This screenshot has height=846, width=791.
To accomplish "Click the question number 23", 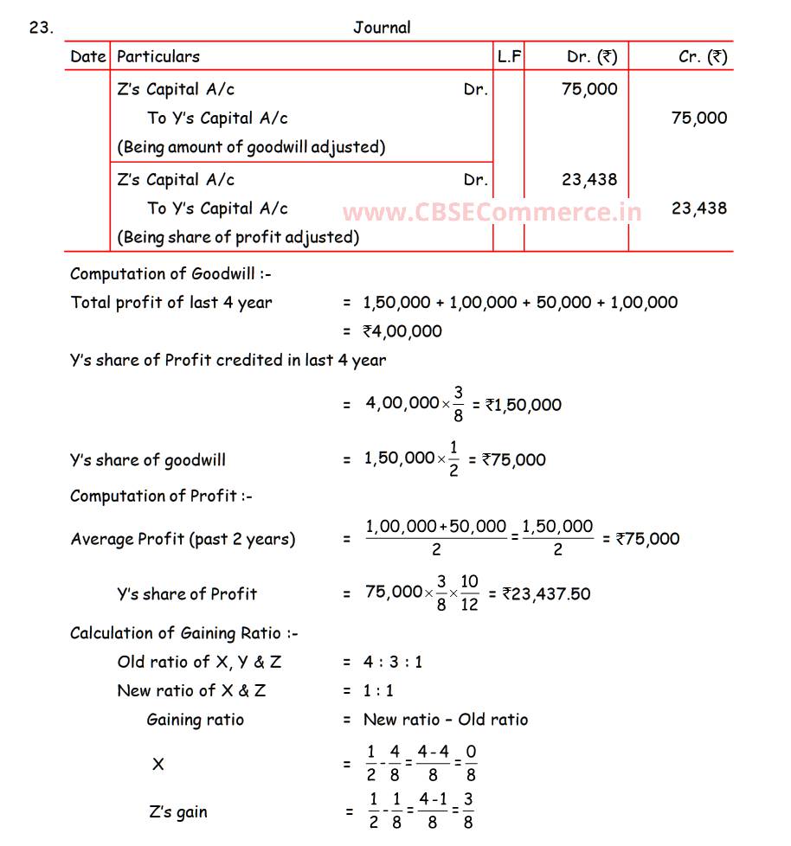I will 41,28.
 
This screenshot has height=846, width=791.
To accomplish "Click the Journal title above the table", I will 382,28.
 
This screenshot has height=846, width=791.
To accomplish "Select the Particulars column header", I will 158,57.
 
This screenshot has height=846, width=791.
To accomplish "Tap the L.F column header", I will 509,57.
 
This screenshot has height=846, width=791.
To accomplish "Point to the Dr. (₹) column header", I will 592,57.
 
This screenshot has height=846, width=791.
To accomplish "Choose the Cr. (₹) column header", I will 703,57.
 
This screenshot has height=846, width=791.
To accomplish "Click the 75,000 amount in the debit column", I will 589,89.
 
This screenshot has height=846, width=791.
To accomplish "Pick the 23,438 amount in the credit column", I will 699,208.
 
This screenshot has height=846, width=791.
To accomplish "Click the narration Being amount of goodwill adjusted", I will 251,147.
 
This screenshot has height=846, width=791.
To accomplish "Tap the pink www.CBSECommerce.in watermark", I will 492,212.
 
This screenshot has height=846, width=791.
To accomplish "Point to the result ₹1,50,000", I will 524,405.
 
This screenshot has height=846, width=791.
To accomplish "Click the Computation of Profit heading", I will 161,497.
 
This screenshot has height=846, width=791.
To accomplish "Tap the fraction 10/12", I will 468,593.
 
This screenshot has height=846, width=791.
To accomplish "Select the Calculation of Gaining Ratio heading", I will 183,634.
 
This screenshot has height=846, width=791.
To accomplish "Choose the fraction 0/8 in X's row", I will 471,764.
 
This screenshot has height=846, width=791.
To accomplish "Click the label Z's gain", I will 178,812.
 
